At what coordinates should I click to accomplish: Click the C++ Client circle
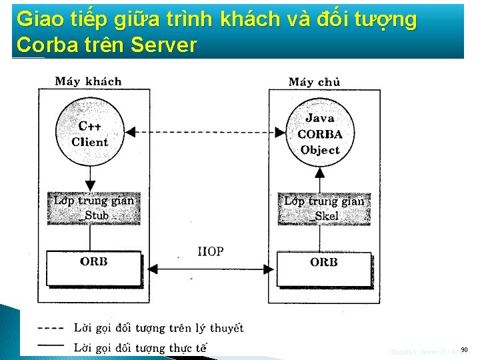pyautogui.click(x=91, y=133)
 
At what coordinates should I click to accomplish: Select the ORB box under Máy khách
pyautogui.click(x=93, y=262)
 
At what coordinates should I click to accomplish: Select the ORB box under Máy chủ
pyautogui.click(x=323, y=262)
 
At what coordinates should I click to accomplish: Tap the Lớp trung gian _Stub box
pyautogui.click(x=94, y=207)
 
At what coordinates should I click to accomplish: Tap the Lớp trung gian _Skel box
pyautogui.click(x=323, y=207)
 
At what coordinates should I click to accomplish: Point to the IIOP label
pyautogui.click(x=211, y=251)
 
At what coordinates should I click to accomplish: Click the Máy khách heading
pyautogui.click(x=88, y=81)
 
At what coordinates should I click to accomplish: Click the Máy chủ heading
pyautogui.click(x=314, y=82)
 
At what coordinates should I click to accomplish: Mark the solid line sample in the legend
pyautogui.click(x=51, y=345)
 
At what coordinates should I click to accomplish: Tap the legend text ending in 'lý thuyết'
pyautogui.click(x=159, y=328)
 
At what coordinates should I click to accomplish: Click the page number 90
pyautogui.click(x=464, y=349)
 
